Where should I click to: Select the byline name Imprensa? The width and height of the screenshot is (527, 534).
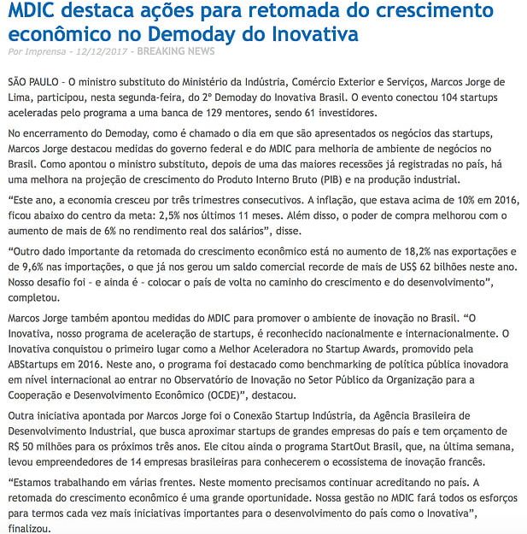click(x=47, y=52)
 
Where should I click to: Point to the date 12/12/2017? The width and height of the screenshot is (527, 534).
click(x=103, y=52)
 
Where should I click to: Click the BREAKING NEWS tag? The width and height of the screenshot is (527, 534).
click(x=176, y=52)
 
